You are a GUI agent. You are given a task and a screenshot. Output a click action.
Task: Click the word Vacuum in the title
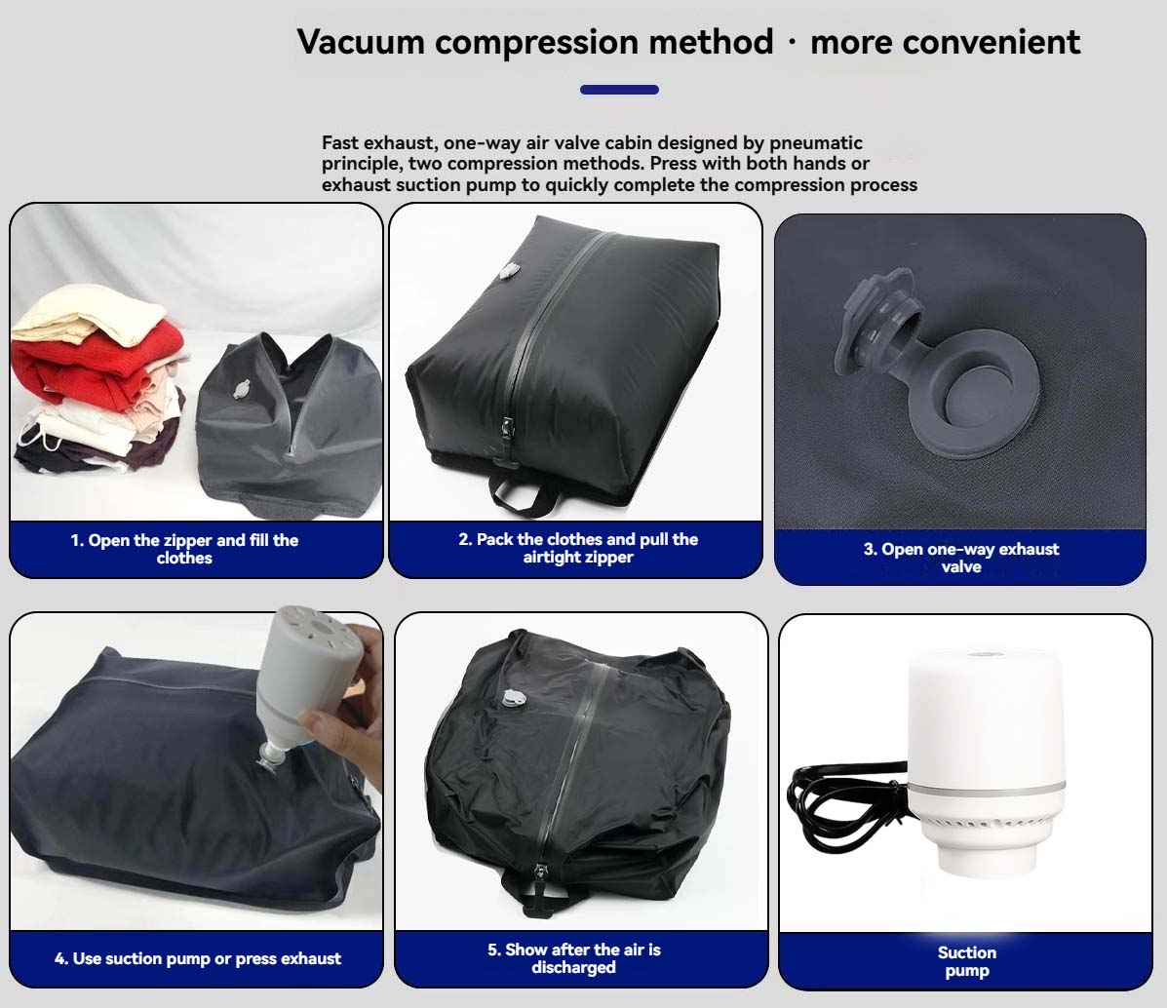(x=360, y=42)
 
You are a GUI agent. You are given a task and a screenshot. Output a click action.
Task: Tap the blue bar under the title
(x=619, y=90)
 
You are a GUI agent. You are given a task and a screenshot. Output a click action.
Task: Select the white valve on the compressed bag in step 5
(x=514, y=698)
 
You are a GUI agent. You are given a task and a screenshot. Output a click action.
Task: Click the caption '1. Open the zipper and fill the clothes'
(x=184, y=549)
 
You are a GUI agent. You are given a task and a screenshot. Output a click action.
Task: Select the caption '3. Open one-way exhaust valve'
(x=960, y=558)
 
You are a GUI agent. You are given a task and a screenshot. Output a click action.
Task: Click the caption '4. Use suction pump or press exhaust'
(x=198, y=959)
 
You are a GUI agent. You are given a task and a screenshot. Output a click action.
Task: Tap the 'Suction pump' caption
(x=966, y=961)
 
